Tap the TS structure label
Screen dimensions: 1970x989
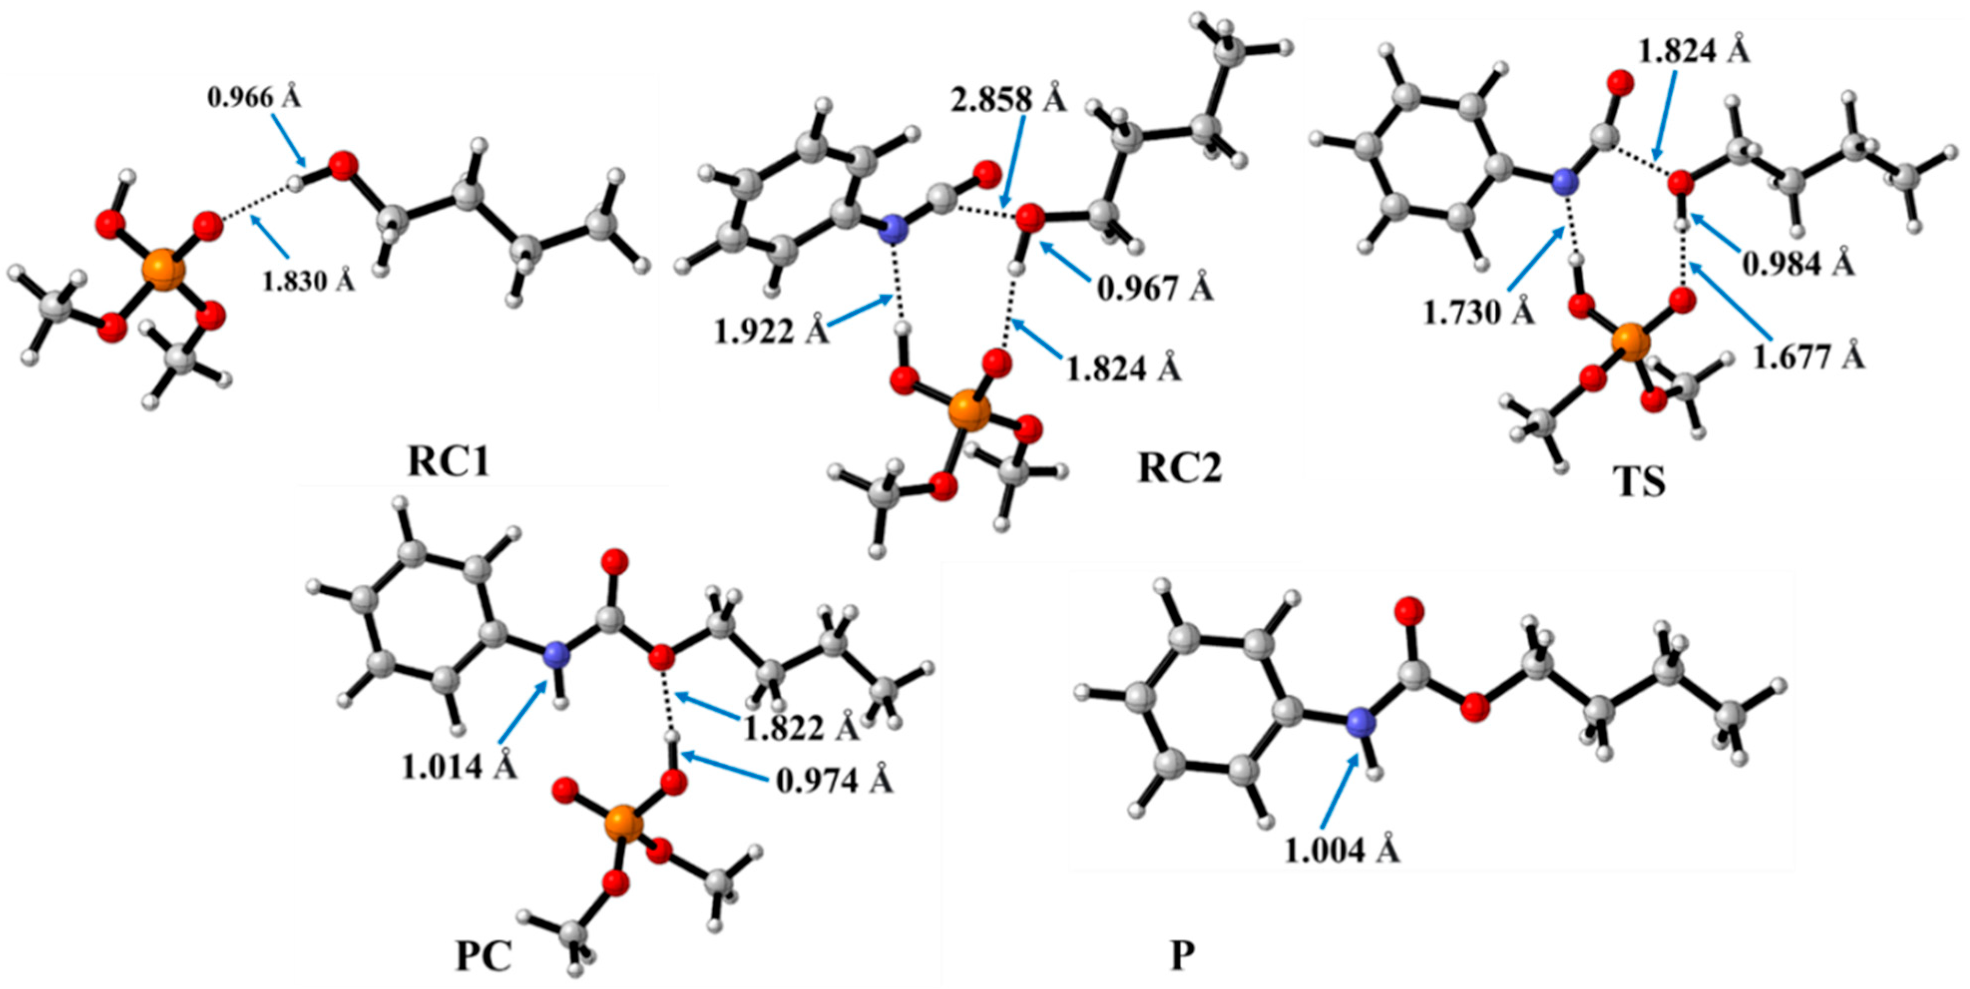pos(1638,483)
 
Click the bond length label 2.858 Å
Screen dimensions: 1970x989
pos(1008,99)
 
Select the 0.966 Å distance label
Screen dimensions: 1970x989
pos(254,98)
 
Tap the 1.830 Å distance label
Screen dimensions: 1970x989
pos(308,281)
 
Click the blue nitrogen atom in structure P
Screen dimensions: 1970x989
pos(1359,721)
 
